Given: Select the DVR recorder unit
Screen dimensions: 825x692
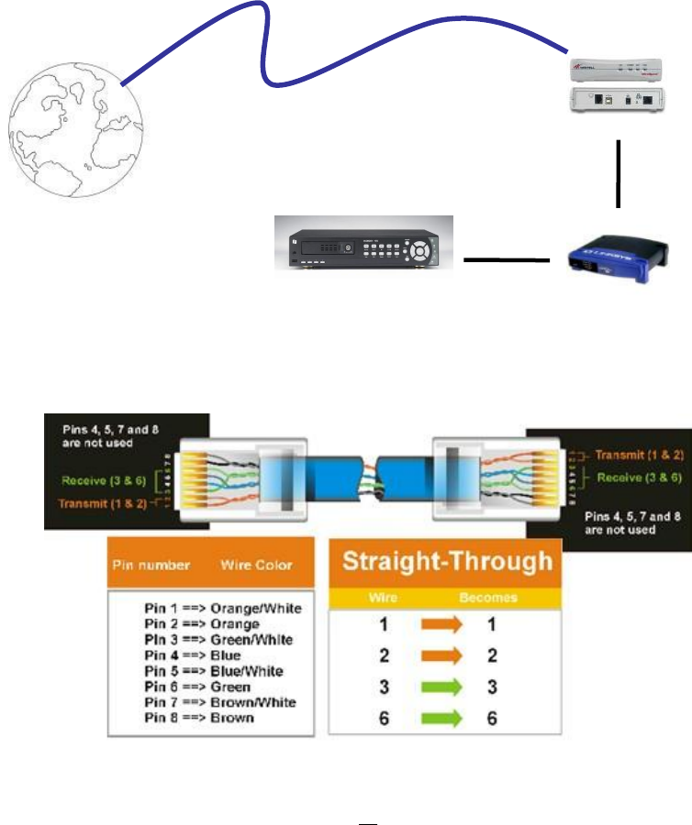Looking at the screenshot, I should (365, 244).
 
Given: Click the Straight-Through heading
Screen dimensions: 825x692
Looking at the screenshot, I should (447, 561).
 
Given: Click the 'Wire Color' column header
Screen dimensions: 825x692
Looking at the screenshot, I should (254, 566).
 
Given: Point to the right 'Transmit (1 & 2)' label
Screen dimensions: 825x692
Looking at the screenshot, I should (637, 454).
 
